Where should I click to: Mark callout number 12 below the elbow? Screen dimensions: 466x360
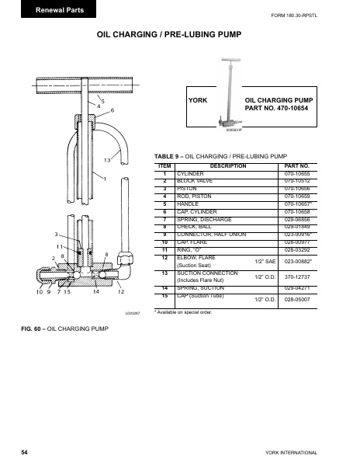coord(121,291)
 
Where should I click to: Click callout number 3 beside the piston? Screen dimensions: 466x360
coord(56,234)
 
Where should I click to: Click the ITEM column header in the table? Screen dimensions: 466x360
coord(164,166)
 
